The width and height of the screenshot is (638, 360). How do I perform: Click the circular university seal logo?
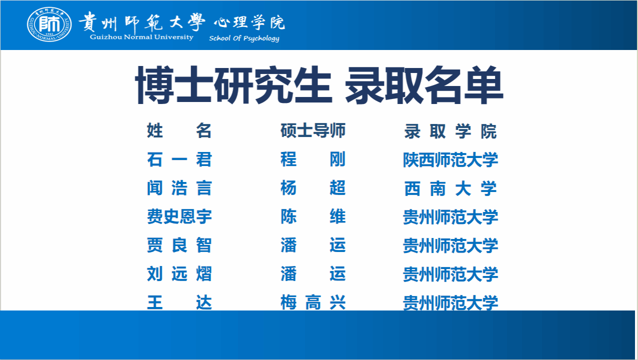(49, 24)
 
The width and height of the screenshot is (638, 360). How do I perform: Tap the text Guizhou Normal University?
(141, 37)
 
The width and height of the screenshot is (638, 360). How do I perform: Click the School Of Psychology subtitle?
(244, 38)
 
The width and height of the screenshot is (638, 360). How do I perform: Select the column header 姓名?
(179, 130)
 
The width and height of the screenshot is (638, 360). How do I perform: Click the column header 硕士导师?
(313, 130)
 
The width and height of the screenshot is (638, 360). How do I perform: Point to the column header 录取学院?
(450, 131)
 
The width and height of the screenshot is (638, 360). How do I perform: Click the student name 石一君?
(179, 159)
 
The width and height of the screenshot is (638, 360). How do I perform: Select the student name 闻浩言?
(179, 188)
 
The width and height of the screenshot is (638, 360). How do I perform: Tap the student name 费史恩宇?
(179, 216)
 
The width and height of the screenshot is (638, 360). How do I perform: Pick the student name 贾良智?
(179, 245)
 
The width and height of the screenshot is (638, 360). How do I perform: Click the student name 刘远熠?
(179, 273)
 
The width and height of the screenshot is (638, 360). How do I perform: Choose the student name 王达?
(179, 302)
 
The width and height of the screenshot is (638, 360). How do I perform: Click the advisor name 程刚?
(313, 159)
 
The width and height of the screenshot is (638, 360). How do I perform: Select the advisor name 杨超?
(313, 188)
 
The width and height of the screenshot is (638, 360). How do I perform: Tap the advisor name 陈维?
(313, 216)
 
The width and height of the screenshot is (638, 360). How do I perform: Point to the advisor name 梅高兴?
(313, 302)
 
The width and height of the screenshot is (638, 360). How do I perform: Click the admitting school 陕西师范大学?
(450, 160)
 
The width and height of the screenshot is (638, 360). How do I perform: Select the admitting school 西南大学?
(450, 188)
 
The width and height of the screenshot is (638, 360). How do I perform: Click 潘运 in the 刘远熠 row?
(313, 273)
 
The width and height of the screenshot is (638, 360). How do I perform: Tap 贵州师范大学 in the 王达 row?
(450, 303)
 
